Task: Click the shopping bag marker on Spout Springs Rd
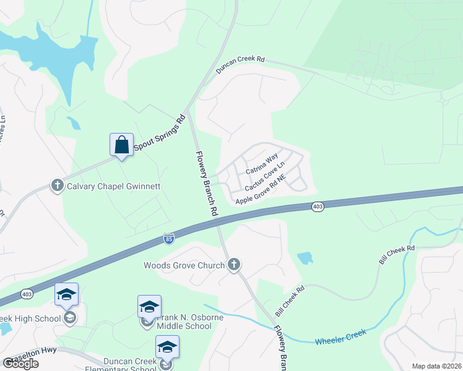pyautogui.click(x=121, y=145)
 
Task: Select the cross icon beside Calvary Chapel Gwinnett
pyautogui.click(x=58, y=185)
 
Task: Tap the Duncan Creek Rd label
pyautogui.click(x=240, y=66)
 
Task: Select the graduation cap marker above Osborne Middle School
pyautogui.click(x=149, y=307)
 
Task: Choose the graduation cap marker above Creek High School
pyautogui.click(x=66, y=294)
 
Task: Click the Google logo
pyautogui.click(x=20, y=364)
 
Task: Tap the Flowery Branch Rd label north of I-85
pyautogui.click(x=206, y=183)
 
